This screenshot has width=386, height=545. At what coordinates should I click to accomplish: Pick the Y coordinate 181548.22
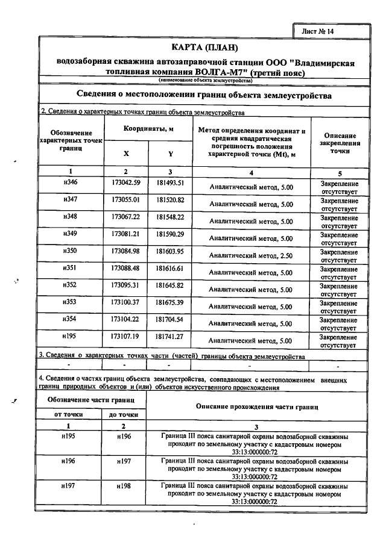click(x=169, y=216)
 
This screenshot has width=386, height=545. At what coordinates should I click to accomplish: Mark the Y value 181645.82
click(x=169, y=284)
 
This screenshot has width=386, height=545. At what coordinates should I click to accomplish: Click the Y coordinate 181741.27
click(x=169, y=335)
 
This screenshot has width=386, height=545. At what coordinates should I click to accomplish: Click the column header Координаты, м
click(x=148, y=129)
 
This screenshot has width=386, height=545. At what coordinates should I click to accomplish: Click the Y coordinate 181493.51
click(x=169, y=182)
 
